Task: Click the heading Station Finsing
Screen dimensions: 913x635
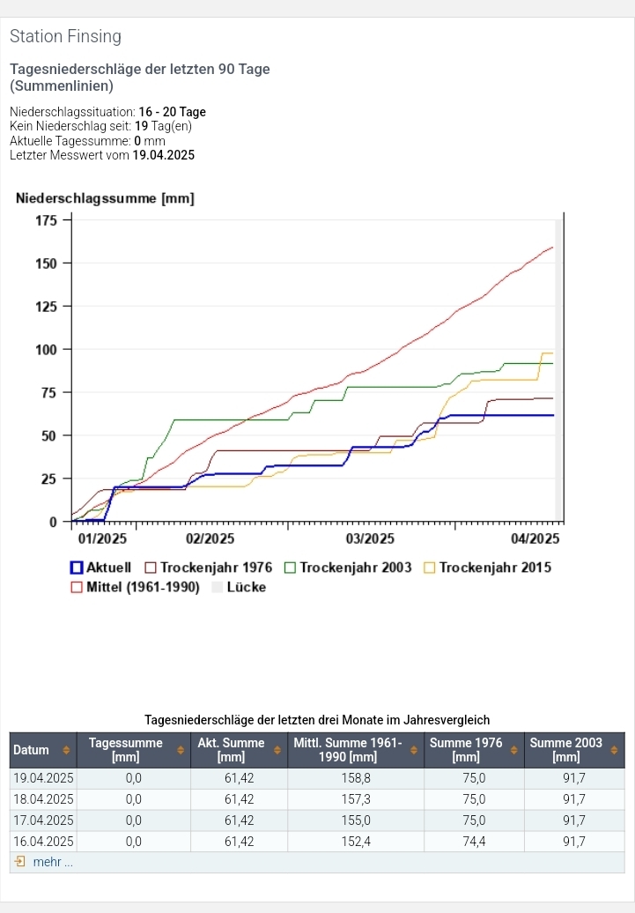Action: [x=65, y=37]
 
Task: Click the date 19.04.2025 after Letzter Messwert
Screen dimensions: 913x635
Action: [x=164, y=155]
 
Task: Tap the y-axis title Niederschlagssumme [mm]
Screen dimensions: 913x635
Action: [x=105, y=199]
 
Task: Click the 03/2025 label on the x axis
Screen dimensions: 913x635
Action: [x=370, y=538]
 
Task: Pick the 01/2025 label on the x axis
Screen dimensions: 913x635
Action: [x=102, y=538]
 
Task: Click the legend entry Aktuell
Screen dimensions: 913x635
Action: [x=100, y=568]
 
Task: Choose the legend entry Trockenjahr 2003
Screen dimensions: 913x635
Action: [x=347, y=568]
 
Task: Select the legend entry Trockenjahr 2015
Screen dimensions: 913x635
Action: [x=487, y=568]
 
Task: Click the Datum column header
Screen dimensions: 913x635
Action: [x=32, y=750]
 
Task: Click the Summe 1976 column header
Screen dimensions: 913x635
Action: [x=466, y=750]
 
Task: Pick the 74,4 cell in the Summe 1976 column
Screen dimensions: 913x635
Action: [x=474, y=842]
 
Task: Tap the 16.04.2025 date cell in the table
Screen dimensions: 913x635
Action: [x=43, y=842]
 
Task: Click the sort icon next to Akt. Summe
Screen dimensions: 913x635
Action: [x=277, y=750]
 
